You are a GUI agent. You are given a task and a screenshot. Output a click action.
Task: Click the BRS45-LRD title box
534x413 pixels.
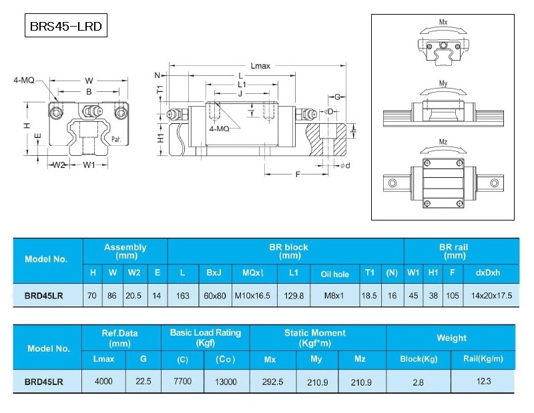(65, 28)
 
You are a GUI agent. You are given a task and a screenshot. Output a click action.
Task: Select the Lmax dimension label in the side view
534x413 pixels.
(260, 66)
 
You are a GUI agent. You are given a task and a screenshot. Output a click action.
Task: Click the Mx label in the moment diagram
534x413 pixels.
(443, 23)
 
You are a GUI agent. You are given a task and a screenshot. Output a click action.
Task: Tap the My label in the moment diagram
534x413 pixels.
(443, 83)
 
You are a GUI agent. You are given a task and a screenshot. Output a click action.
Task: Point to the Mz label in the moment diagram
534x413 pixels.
(443, 143)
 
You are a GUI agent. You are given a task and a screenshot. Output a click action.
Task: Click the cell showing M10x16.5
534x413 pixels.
(252, 296)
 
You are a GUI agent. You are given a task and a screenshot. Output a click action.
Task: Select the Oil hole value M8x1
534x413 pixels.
(334, 296)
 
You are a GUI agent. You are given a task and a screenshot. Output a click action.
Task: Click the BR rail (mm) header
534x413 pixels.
(454, 251)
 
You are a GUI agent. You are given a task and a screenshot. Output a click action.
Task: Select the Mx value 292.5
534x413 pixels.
(270, 382)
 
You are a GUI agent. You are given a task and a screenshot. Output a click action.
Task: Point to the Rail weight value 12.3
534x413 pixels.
(483, 382)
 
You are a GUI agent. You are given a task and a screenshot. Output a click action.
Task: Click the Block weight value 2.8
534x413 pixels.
(418, 382)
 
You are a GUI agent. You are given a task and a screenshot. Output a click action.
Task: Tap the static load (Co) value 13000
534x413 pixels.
(226, 382)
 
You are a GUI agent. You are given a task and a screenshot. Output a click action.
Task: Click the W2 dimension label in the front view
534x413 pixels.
(59, 165)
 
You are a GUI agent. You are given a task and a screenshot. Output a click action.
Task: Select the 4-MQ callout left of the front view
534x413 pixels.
(23, 80)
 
